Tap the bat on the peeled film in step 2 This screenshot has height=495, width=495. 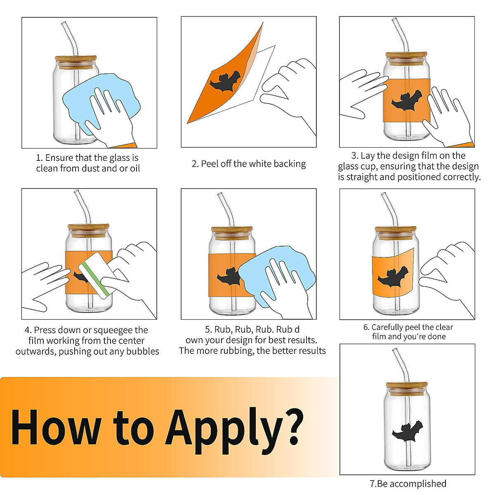coord(225,81)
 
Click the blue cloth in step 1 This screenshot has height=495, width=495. coord(101,103)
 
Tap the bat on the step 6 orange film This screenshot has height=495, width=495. coord(393,276)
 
